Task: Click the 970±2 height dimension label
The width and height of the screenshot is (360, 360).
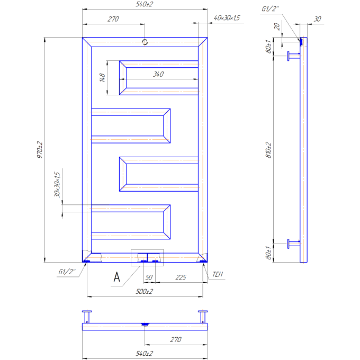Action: pos(40,150)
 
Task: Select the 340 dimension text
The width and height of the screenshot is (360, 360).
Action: pos(158,74)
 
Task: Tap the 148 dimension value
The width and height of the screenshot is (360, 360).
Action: pos(102,78)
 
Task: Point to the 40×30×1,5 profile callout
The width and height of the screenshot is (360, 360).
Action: pos(227,18)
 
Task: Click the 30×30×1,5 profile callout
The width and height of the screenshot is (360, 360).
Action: pos(57,184)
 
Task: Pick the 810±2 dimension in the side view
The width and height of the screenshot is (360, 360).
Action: pos(268,150)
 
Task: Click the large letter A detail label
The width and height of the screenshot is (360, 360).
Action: pos(117,277)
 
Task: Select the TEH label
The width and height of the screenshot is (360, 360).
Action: pos(218,274)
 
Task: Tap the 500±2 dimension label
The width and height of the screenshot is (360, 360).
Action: pos(144,292)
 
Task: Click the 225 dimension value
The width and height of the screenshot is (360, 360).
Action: pos(181,277)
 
